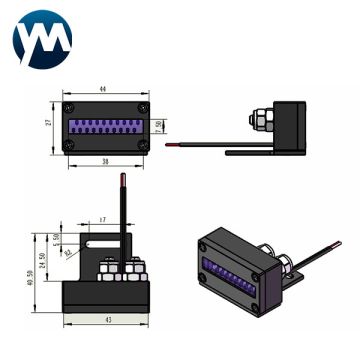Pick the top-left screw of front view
[68, 108]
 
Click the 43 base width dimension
[106, 320]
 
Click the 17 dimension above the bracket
[103, 218]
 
